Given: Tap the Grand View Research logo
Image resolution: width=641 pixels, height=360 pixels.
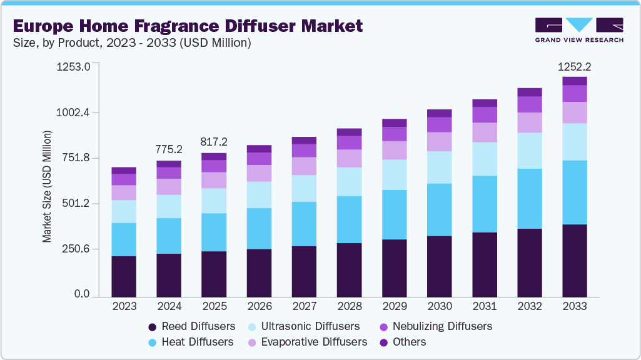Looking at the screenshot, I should [x=579, y=30].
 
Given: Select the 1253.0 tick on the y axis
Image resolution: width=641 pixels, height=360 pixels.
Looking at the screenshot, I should [x=74, y=66].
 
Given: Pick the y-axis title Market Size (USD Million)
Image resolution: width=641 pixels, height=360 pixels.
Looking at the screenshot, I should [x=47, y=186].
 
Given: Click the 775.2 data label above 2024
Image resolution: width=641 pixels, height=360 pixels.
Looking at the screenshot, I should [x=169, y=149].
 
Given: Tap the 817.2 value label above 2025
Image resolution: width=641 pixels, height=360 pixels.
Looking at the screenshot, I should [x=214, y=142].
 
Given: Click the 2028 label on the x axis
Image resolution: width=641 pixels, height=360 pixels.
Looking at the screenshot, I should [x=349, y=307].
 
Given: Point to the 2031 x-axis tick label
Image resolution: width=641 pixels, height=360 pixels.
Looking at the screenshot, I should [x=484, y=307].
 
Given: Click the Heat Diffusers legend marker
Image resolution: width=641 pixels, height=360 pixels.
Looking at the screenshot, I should [x=153, y=342].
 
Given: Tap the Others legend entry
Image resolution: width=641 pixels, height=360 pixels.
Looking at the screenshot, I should [x=403, y=342].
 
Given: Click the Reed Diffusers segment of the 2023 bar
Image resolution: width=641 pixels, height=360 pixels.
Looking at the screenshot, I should [x=124, y=276].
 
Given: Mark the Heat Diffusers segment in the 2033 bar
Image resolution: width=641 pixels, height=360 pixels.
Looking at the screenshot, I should [x=574, y=192].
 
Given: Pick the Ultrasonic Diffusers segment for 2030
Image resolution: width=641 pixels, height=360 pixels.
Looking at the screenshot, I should [x=439, y=167].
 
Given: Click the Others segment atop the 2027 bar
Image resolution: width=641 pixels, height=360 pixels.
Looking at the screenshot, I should [x=304, y=141].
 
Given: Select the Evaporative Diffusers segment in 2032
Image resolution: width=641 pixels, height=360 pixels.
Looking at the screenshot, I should [x=529, y=122].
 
